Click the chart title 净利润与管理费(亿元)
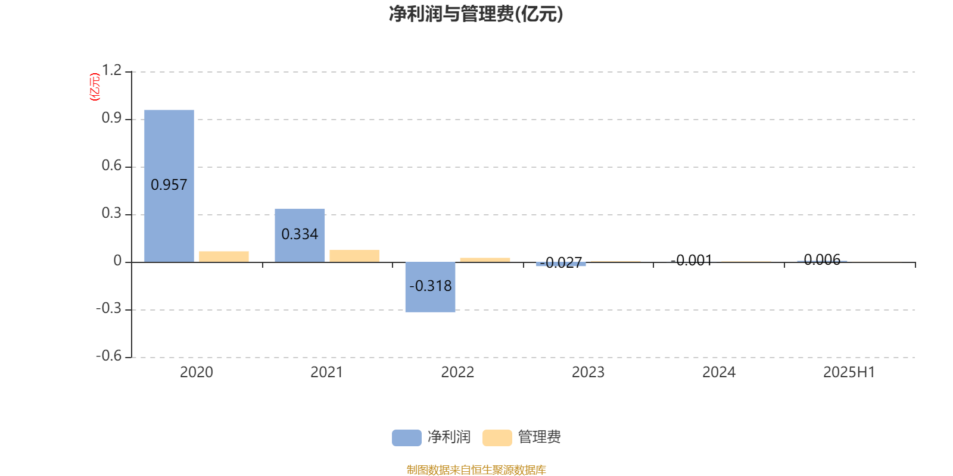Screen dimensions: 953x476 coord(476,14)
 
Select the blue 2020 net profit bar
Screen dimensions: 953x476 coord(169,186)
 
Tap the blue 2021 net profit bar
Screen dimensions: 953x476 coord(300,236)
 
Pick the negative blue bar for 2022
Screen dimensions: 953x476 coord(430,287)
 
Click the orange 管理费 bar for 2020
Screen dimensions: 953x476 coord(224,256)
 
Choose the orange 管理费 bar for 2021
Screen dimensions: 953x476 coord(354,256)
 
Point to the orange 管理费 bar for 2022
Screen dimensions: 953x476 coord(485,260)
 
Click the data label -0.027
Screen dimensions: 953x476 coord(560,262)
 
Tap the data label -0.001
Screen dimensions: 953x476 coord(692,260)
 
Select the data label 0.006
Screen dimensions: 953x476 coord(822,259)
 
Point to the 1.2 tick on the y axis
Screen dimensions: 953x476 coord(111,70)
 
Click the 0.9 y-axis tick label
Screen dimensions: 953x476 coord(111,118)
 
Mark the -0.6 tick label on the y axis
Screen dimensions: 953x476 coord(109,356)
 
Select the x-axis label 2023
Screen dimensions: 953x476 coord(588,372)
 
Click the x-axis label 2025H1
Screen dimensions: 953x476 coord(849,372)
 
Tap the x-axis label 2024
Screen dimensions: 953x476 coord(718,372)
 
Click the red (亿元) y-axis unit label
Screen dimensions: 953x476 coord(95,87)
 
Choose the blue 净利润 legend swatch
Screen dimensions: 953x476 coord(407,438)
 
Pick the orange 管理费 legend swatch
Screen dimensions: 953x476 coord(497,438)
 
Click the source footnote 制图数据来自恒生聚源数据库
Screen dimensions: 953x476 coord(476,469)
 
